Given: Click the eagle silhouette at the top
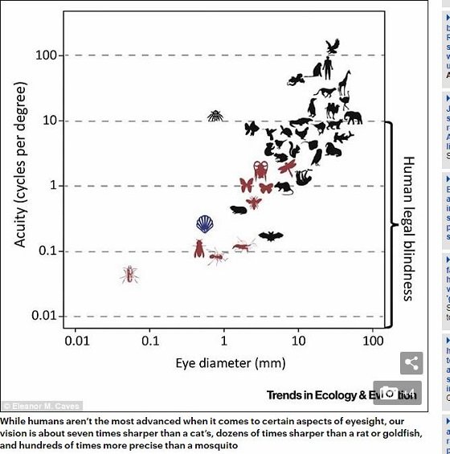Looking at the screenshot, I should click(x=333, y=46).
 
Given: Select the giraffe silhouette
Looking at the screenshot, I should click(x=345, y=83).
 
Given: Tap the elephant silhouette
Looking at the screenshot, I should click(x=353, y=118).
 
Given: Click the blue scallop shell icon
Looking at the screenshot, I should click(x=207, y=223).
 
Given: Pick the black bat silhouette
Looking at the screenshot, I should click(x=271, y=236).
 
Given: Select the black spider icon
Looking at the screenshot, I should click(x=215, y=117).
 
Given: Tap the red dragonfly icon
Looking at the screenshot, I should click(x=288, y=167).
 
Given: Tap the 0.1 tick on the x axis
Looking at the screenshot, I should click(x=149, y=342).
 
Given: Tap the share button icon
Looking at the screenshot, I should click(x=411, y=363).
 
